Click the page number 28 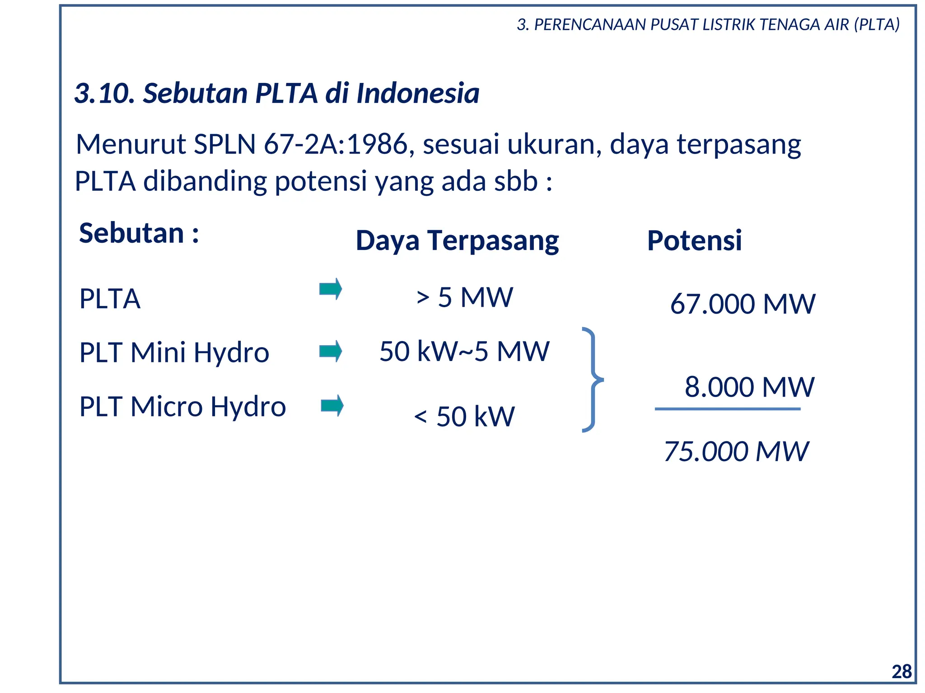tap(902, 672)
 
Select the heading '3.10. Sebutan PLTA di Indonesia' tap(276, 93)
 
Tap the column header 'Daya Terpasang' tap(457, 240)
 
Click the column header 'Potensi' tap(694, 240)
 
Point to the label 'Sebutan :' tap(139, 233)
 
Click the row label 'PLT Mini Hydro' tap(174, 352)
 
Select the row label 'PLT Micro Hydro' tap(182, 407)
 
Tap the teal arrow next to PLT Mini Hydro tap(331, 351)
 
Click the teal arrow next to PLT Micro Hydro tap(332, 406)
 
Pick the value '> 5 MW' tap(465, 297)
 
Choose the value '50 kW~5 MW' tap(464, 351)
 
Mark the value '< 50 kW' tap(464, 416)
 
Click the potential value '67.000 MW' tap(743, 304)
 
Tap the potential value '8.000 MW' tap(749, 387)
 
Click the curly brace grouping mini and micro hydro tap(593, 379)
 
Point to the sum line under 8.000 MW tap(727, 409)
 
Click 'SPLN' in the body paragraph tap(224, 144)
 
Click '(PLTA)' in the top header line tap(877, 24)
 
